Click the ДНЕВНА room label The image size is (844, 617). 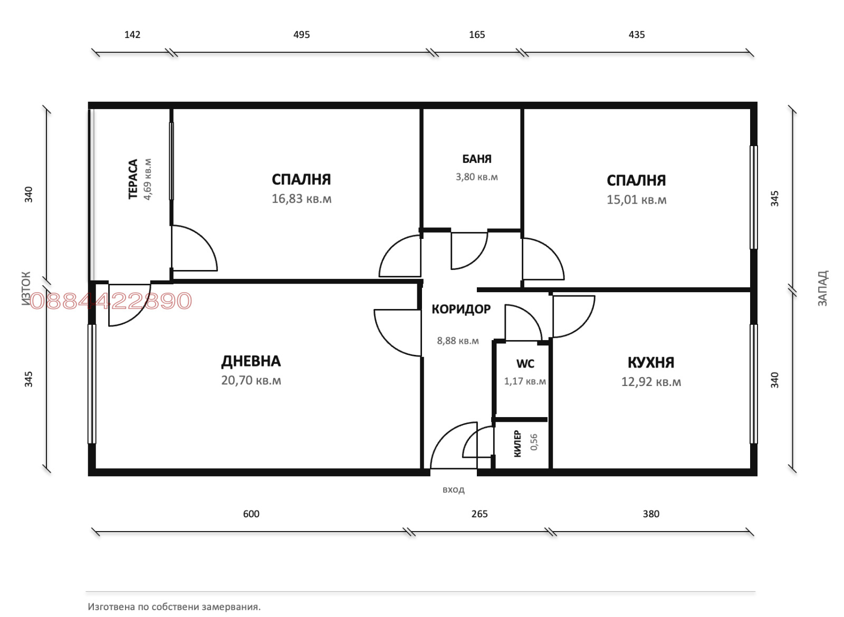tap(251, 361)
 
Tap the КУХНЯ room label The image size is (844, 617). tap(651, 362)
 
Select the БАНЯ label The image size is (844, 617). tap(477, 159)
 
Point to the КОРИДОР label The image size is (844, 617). tap(461, 309)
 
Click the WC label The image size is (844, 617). tap(525, 364)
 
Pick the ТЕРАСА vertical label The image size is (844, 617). tap(133, 179)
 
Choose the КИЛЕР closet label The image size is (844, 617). tap(517, 444)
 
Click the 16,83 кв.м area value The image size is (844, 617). tap(301, 199)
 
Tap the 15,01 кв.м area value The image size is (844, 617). tap(636, 200)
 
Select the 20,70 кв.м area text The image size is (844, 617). tap(251, 380)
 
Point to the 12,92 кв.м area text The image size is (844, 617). tap(651, 382)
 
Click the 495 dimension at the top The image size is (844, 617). tap(301, 35)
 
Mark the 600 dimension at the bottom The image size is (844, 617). tap(251, 514)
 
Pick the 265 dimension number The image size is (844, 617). tap(479, 514)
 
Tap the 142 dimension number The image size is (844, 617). tap(132, 35)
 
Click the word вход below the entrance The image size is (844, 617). tap(453, 490)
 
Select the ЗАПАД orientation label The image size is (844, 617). tap(822, 288)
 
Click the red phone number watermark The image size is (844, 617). tap(111, 301)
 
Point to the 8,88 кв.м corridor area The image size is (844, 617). tap(458, 341)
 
